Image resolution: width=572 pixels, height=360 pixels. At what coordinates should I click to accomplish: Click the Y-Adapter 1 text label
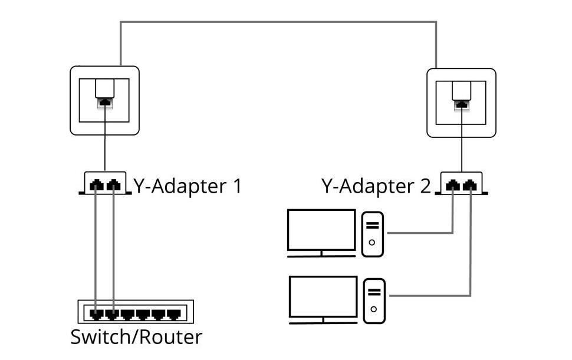pyautogui.click(x=188, y=186)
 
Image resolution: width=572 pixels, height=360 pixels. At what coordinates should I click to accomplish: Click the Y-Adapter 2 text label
pyautogui.click(x=376, y=186)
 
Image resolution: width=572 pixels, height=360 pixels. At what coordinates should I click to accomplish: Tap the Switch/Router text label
pyautogui.click(x=136, y=338)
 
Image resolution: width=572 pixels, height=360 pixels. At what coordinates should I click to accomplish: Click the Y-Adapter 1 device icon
pyautogui.click(x=105, y=184)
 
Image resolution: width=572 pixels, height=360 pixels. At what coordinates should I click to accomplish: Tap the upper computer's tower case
pyautogui.click(x=372, y=234)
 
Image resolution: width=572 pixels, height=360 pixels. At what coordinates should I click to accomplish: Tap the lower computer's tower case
pyautogui.click(x=374, y=300)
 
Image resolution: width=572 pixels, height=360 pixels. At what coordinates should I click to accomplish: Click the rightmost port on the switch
pyautogui.click(x=173, y=314)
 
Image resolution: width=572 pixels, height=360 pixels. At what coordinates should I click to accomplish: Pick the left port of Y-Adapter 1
pyautogui.click(x=97, y=186)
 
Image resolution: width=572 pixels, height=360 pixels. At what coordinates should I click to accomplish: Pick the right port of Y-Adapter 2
pyautogui.click(x=470, y=186)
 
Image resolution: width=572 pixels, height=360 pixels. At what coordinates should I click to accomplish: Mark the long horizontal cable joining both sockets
pyautogui.click(x=277, y=22)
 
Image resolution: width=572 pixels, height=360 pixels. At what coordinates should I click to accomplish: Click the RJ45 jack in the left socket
pyautogui.click(x=105, y=103)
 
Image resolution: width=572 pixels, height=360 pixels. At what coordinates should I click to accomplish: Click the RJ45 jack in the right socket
pyautogui.click(x=462, y=105)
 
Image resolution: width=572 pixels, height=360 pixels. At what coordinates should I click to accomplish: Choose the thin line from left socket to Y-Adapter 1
pyautogui.click(x=105, y=141)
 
